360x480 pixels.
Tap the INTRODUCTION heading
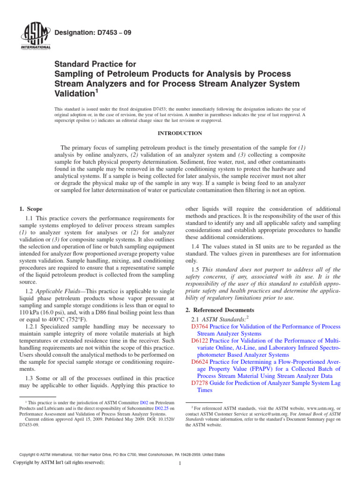(180, 134)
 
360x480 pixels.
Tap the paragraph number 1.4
(197, 247)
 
